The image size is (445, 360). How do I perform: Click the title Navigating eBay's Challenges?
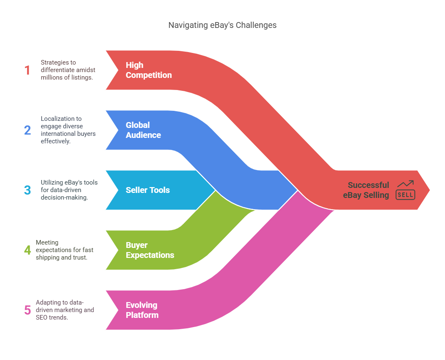(x=222, y=25)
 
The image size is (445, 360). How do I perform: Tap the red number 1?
(x=27, y=70)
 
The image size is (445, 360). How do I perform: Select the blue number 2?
(x=27, y=130)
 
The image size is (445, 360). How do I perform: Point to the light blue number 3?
(x=27, y=190)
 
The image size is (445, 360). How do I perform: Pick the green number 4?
(x=27, y=250)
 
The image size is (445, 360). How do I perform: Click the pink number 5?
(x=27, y=310)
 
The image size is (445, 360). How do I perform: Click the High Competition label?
(x=148, y=70)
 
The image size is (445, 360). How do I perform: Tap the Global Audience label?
(x=143, y=130)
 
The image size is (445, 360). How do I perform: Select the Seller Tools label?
(x=147, y=190)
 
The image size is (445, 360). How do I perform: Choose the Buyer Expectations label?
(x=150, y=250)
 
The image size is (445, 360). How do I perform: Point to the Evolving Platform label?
(x=142, y=310)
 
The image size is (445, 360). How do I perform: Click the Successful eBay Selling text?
(x=366, y=190)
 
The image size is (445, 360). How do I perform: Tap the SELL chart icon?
(x=405, y=190)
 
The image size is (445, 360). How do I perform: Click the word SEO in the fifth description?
(x=47, y=317)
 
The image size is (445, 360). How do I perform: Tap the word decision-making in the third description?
(x=64, y=197)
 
